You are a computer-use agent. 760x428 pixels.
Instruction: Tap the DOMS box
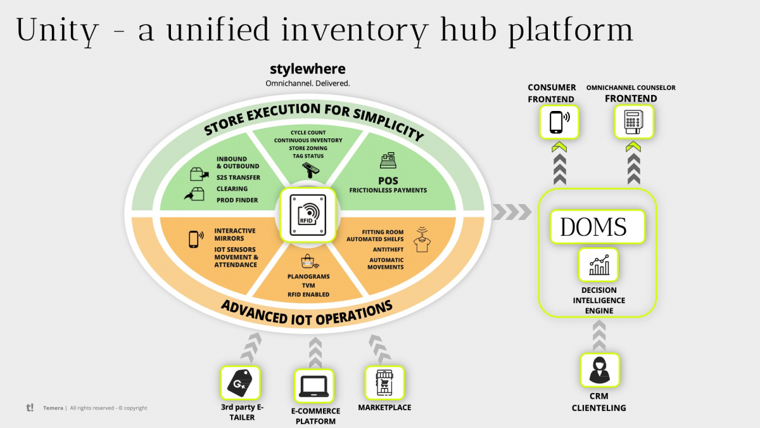coord(593,227)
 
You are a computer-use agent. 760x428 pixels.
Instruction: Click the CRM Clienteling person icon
coord(599,370)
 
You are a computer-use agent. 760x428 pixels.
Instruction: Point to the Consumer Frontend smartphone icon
coord(558,121)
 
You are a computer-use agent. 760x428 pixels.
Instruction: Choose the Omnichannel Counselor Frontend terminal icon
coord(633,121)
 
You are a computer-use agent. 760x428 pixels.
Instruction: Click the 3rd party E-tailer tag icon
coord(240,382)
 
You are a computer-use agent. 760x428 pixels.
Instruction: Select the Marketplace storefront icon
coord(384,382)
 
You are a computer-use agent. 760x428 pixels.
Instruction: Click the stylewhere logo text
coord(308,69)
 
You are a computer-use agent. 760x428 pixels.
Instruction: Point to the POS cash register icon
coord(388,162)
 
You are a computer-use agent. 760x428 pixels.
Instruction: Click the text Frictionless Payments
coord(388,190)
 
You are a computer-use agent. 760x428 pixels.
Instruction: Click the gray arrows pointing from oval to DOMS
coord(512,212)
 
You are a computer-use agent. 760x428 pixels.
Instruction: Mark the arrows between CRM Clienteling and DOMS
coord(599,334)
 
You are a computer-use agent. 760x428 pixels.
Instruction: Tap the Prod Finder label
coord(236,200)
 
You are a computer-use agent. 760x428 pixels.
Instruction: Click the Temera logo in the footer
coord(30,408)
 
